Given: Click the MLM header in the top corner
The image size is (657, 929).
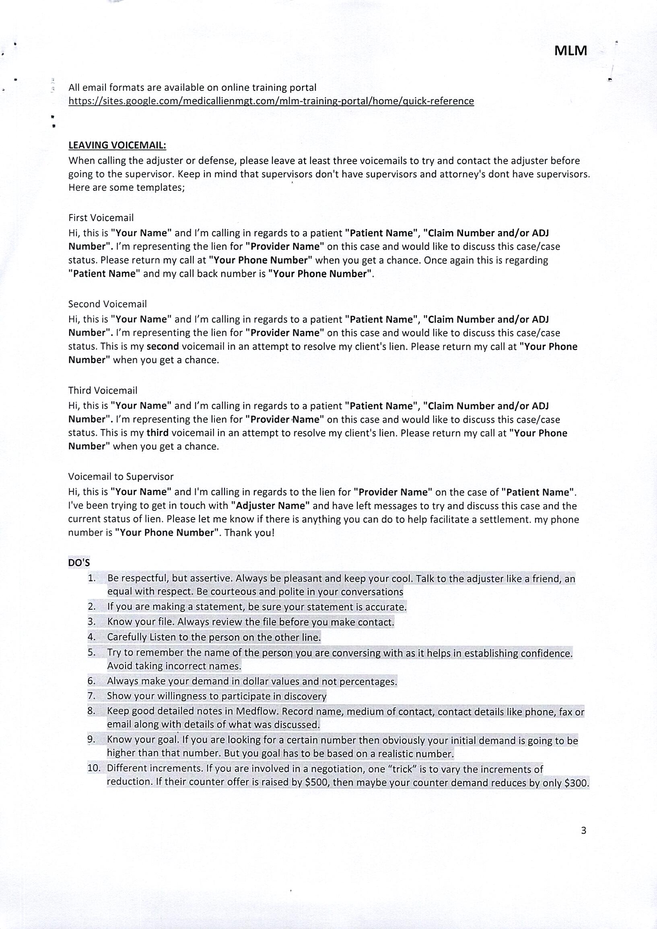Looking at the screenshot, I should [x=570, y=51].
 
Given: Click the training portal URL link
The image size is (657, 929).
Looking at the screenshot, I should [x=271, y=101].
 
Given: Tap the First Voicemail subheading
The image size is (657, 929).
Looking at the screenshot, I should [x=101, y=218].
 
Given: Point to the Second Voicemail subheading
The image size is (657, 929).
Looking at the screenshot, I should [x=107, y=304].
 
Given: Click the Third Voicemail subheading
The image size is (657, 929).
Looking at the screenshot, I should [x=103, y=391].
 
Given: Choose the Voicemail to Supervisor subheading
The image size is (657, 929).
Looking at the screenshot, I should [x=121, y=477].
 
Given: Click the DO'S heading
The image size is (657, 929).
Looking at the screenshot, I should [x=79, y=563].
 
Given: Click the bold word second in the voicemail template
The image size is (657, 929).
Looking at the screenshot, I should [x=162, y=347].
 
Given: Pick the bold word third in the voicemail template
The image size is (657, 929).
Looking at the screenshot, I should [x=157, y=433].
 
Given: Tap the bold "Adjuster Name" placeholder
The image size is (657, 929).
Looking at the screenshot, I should [x=270, y=506].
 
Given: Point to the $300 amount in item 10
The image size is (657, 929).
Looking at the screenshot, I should [x=576, y=783].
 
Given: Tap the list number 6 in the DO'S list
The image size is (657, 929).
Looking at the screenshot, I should [x=91, y=681].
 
